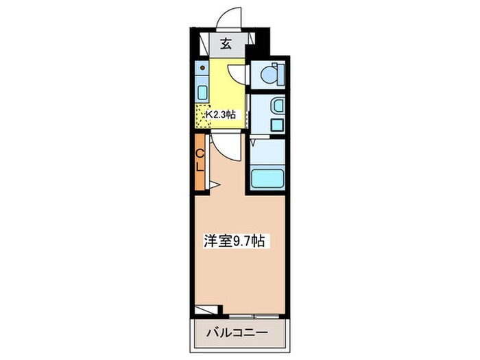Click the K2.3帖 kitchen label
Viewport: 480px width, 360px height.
(x=221, y=115)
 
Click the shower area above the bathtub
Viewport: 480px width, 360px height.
(x=267, y=152)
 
